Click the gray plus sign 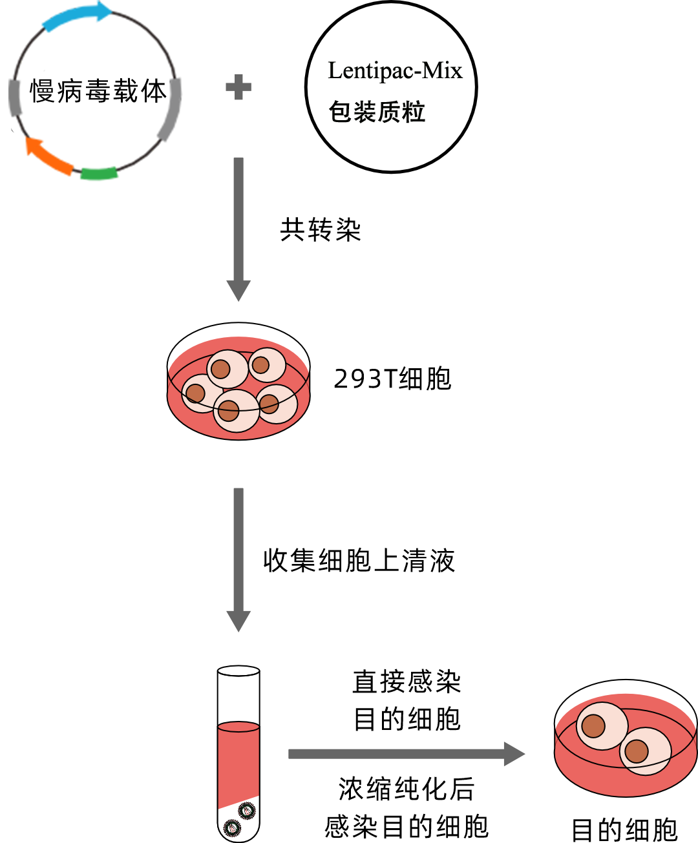[x=238, y=87]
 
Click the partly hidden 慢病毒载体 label [x=98, y=91]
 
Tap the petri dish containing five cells [x=238, y=381]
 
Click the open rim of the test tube [x=238, y=671]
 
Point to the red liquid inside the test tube [x=238, y=762]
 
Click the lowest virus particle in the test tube [x=231, y=827]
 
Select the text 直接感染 [x=407, y=682]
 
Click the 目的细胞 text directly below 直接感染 [x=407, y=719]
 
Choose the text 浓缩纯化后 [x=407, y=789]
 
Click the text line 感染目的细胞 [x=407, y=826]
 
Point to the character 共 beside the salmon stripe [x=291, y=229]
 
